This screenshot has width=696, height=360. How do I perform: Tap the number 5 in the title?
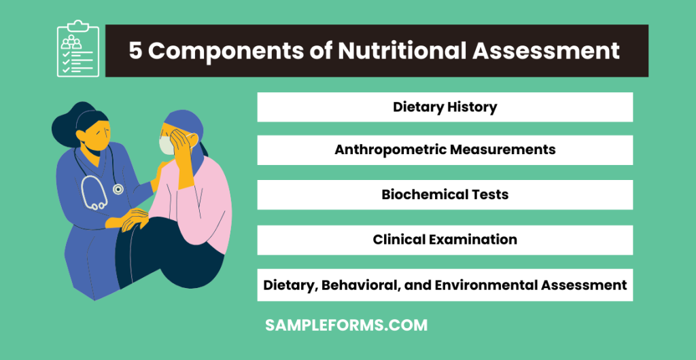(x=136, y=51)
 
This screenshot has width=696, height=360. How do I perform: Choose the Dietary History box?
(x=445, y=107)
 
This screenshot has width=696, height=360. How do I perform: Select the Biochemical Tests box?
(x=445, y=195)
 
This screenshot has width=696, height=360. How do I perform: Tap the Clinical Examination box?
(x=445, y=240)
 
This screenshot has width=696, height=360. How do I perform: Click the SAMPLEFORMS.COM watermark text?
(x=347, y=325)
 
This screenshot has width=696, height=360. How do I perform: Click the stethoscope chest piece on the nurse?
(x=118, y=190)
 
